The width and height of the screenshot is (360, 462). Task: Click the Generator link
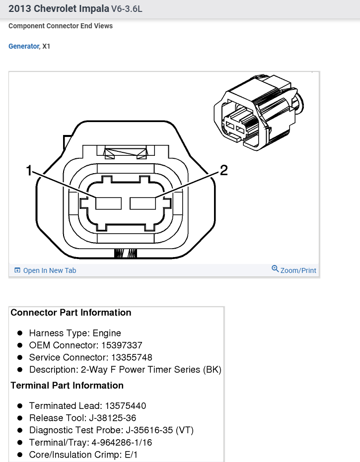click(23, 46)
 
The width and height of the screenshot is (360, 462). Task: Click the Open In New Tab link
click(49, 270)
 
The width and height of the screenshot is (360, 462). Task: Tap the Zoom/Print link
click(298, 270)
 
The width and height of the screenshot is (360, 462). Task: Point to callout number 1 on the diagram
click(29, 171)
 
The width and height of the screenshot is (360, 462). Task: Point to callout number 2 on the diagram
click(223, 171)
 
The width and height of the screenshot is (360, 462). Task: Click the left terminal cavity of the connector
click(109, 203)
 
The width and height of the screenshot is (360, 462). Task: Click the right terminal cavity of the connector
click(143, 203)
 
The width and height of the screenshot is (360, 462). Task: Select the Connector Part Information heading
click(71, 313)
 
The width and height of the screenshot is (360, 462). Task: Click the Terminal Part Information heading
click(67, 386)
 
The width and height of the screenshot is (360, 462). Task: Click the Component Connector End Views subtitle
click(61, 26)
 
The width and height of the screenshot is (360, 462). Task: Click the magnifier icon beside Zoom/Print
click(275, 269)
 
